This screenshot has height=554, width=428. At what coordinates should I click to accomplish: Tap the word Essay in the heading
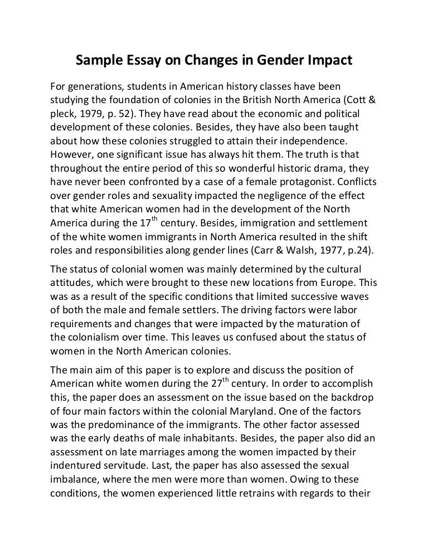138,61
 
